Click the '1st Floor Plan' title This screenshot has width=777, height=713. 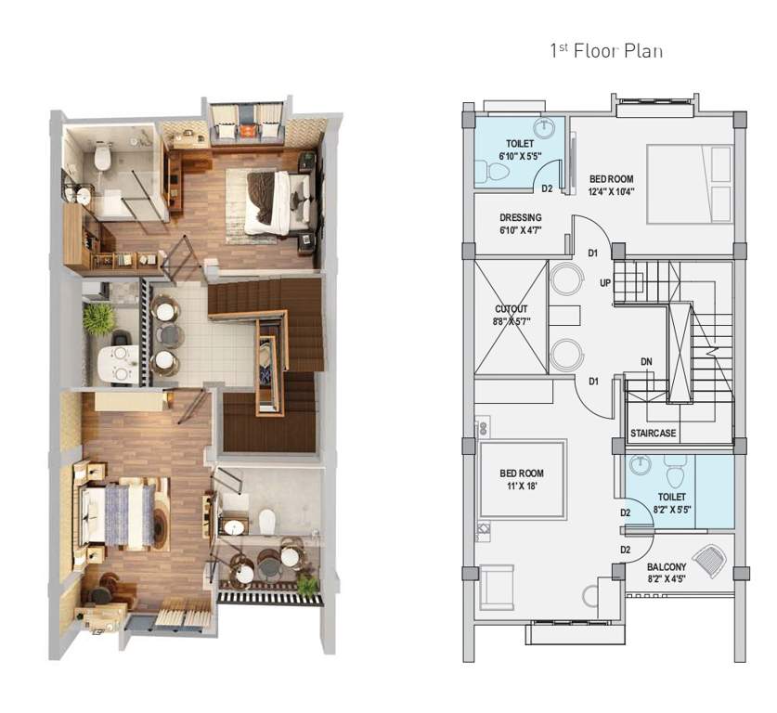tap(607, 51)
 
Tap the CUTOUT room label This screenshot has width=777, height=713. tap(511, 309)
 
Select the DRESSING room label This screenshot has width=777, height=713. tap(521, 218)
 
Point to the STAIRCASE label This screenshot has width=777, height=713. tap(652, 434)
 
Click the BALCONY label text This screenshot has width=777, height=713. tap(667, 566)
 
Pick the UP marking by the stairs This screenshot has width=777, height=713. tap(605, 282)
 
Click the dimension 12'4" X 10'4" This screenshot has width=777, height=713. tap(611, 191)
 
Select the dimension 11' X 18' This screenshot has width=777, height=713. tap(521, 486)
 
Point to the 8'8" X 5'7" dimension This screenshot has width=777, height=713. tap(511, 321)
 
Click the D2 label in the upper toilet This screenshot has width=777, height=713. tap(548, 188)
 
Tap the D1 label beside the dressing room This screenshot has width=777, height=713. tap(593, 252)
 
